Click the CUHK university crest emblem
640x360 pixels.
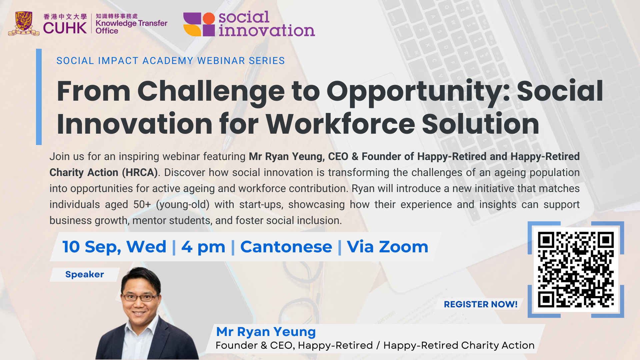(24, 23)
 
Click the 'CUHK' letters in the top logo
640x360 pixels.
(65, 28)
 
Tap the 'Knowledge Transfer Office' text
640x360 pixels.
(131, 27)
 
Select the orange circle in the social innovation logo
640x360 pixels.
(209, 18)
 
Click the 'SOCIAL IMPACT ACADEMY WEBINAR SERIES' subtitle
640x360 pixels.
(171, 61)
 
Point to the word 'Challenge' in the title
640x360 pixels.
(211, 92)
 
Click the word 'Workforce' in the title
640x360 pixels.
(340, 124)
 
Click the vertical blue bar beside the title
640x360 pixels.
(39, 97)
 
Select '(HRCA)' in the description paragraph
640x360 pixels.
(140, 172)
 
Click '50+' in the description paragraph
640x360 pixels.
(142, 204)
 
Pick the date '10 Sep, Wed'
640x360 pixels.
(114, 247)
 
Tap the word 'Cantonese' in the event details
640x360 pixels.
(286, 247)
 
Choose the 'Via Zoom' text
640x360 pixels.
(387, 247)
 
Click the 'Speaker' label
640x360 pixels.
(85, 274)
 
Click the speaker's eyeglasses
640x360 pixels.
(140, 297)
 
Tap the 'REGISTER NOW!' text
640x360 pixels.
(481, 304)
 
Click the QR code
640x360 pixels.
(576, 269)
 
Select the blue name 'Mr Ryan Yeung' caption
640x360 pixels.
(266, 332)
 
